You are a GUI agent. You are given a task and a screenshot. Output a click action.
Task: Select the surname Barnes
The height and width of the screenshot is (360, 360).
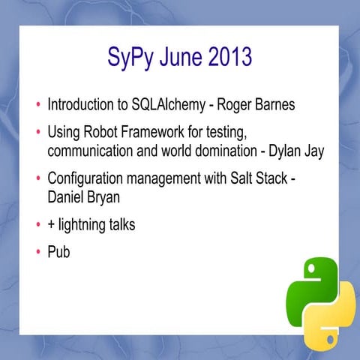[x=275, y=105]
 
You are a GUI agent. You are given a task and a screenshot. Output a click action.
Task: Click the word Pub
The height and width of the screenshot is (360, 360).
[x=58, y=253]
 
